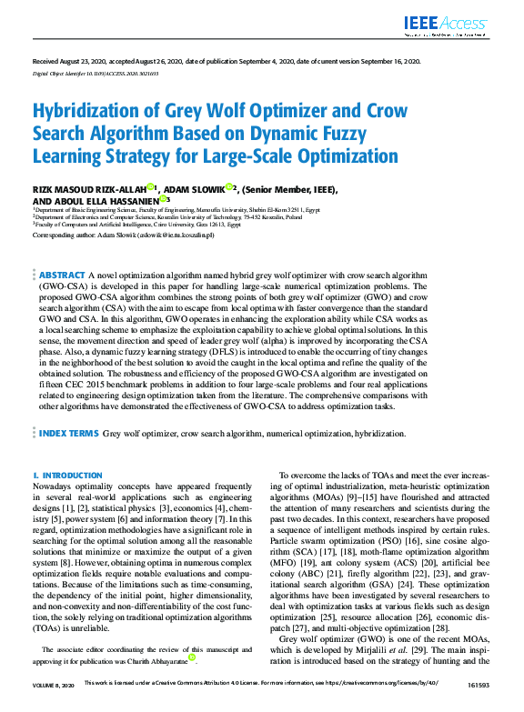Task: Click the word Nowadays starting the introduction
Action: [57, 486]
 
